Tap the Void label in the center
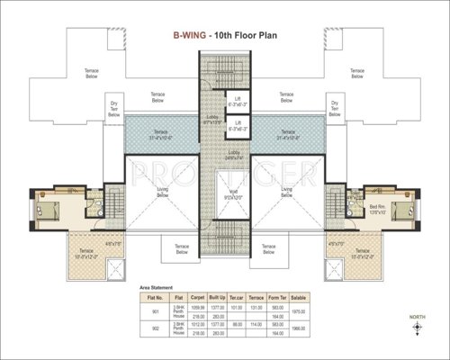pyautogui.click(x=224, y=192)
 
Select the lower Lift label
pyautogui.click(x=237, y=125)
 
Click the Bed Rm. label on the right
pyautogui.click(x=378, y=207)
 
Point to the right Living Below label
pyautogui.click(x=287, y=192)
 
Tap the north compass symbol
pyautogui.click(x=416, y=331)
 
